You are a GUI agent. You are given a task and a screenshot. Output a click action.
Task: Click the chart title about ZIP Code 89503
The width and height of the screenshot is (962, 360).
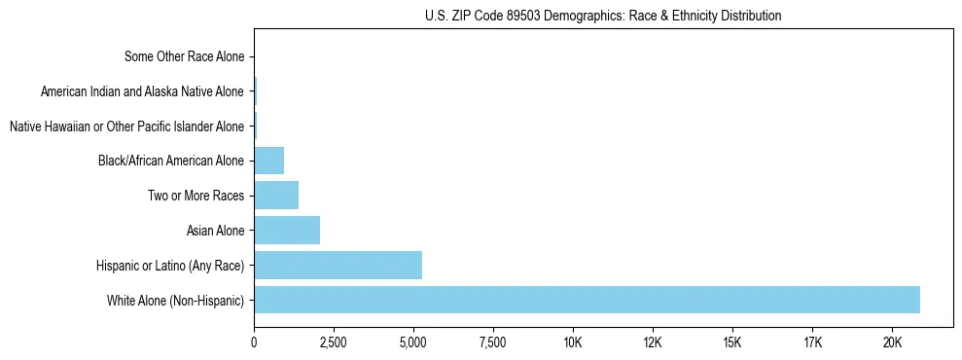[x=603, y=16]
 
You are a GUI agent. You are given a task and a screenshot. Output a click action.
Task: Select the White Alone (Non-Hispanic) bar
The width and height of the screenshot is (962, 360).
[x=587, y=300]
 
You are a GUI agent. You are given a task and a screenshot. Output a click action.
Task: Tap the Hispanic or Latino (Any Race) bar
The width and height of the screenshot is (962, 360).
[x=338, y=265]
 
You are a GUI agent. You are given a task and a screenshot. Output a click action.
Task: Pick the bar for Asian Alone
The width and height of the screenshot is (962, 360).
[x=287, y=231]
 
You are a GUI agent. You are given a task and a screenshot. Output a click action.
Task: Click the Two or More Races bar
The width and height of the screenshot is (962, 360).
[x=276, y=196]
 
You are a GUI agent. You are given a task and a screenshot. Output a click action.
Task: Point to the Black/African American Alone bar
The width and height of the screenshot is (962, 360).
[x=268, y=161]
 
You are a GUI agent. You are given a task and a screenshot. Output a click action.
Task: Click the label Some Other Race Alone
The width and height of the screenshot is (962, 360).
[x=185, y=56]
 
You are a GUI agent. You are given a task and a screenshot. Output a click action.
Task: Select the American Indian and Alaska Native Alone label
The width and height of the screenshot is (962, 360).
[x=143, y=91]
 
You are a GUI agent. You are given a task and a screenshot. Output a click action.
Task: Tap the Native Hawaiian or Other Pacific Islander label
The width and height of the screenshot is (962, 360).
[x=126, y=126]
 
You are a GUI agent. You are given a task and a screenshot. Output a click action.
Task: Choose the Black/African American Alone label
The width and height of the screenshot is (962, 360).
[x=171, y=161]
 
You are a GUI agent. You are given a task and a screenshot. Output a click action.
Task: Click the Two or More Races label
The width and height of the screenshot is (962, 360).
[x=196, y=196]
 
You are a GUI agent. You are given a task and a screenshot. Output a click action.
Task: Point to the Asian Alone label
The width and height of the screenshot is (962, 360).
[x=215, y=231]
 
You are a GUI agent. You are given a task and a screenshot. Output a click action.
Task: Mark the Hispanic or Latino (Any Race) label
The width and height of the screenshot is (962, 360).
[x=170, y=265]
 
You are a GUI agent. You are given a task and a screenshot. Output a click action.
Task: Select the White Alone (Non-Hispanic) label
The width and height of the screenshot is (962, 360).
[x=175, y=300]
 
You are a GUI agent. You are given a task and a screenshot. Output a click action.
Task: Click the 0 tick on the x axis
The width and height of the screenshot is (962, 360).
[x=254, y=342]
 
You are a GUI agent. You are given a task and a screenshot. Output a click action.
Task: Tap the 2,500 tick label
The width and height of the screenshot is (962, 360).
[x=334, y=342]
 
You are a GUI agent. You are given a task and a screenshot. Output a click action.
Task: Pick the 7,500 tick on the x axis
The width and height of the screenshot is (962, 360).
[x=493, y=342]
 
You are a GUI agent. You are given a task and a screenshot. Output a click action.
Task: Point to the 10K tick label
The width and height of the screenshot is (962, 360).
[x=573, y=342]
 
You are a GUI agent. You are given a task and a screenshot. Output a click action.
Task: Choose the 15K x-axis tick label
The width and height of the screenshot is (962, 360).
[x=732, y=342]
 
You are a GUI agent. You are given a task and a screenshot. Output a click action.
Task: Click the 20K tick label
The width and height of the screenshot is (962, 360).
[x=892, y=342]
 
